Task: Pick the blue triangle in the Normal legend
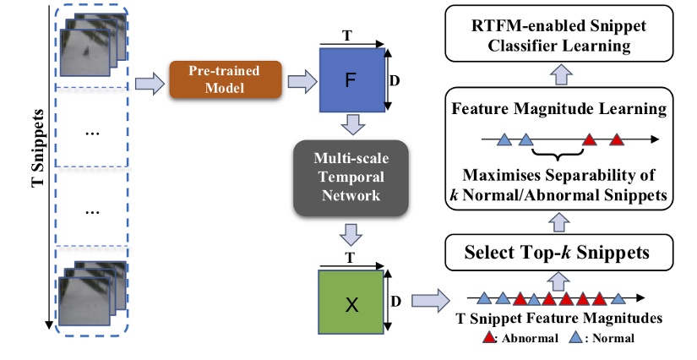(574, 338)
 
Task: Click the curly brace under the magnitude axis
(558, 153)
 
